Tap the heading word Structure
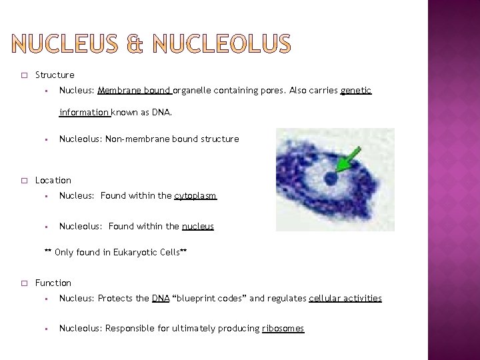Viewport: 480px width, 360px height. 55,75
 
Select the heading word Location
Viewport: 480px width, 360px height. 53,181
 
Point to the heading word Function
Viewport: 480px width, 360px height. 53,283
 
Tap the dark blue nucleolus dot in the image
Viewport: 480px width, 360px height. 331,178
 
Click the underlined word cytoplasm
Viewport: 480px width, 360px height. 195,196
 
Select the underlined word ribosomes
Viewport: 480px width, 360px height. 283,329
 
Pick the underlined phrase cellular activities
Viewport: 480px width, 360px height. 345,299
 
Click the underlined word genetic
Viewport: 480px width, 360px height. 355,91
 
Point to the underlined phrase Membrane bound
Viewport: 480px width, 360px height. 134,91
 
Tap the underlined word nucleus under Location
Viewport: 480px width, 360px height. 197,227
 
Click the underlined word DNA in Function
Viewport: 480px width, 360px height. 161,299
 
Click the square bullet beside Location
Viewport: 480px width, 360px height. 23,181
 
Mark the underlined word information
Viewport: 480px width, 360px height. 84,113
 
